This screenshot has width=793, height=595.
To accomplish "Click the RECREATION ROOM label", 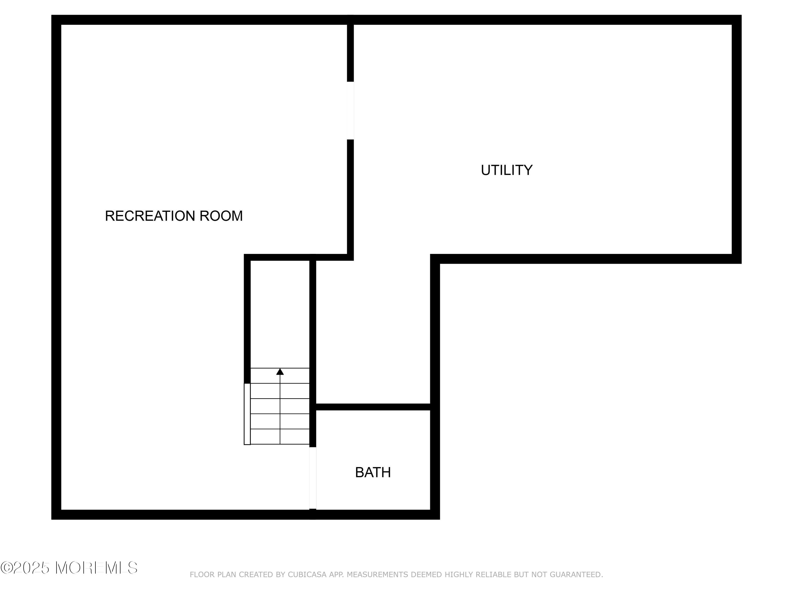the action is (x=174, y=216).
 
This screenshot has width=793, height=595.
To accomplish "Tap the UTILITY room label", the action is (x=506, y=170).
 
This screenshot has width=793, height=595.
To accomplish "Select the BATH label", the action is (x=373, y=472).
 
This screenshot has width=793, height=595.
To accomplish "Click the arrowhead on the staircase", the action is (x=280, y=372).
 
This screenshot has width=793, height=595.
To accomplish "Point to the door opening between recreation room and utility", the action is (x=351, y=111).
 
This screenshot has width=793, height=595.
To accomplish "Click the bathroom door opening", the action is (x=313, y=478).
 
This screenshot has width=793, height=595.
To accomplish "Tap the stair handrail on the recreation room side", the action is (x=247, y=414).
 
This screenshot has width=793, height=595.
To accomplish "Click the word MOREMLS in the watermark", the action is (x=96, y=568).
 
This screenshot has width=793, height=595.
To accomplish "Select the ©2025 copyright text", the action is (x=25, y=568).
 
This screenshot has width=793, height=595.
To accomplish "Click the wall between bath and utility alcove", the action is (x=373, y=407).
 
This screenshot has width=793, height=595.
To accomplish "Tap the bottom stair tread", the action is (x=280, y=437).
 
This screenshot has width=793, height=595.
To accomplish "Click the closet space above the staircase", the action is (x=280, y=314).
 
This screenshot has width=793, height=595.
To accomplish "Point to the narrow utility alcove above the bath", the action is (x=373, y=332).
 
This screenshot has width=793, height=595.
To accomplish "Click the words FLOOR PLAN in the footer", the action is (x=213, y=575).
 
